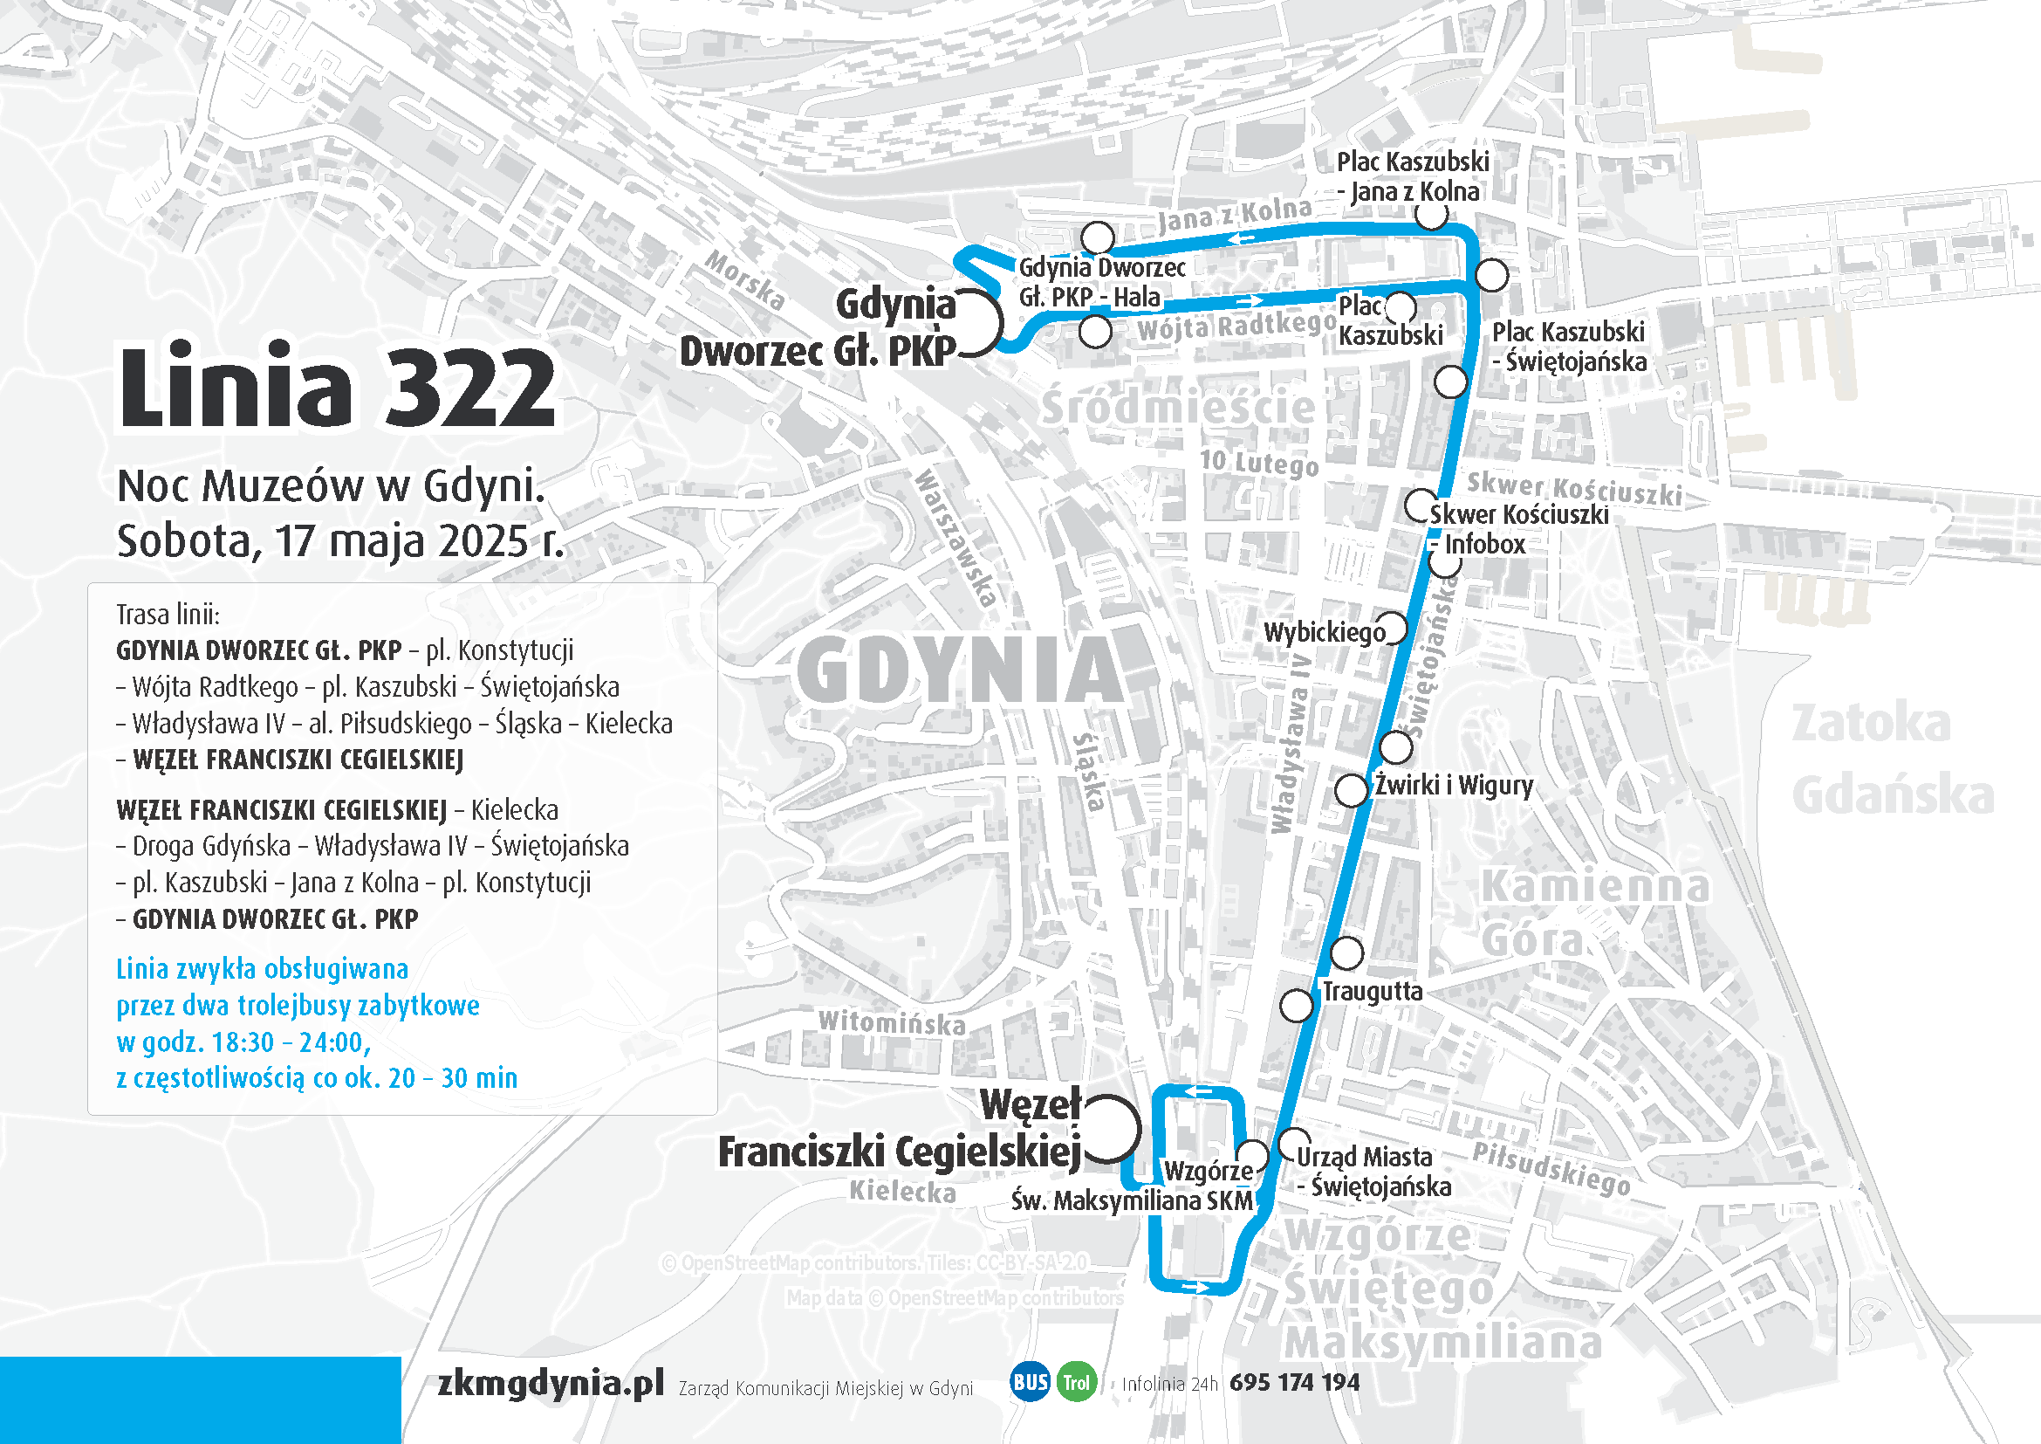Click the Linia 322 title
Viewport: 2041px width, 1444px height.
point(338,388)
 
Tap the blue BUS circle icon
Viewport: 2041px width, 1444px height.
point(1031,1382)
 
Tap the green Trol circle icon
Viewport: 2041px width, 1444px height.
point(1077,1383)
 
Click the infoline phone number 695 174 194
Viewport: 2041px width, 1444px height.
point(1294,1382)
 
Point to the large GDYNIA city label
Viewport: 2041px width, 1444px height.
point(960,670)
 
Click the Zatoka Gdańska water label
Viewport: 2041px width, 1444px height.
point(1892,759)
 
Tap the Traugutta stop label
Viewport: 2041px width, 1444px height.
point(1372,991)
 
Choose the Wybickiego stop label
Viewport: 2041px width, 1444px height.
point(1324,632)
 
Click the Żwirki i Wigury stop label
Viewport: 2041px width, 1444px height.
point(1454,785)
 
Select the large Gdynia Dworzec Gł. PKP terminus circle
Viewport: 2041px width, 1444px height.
point(969,323)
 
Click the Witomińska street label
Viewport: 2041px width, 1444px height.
point(892,1022)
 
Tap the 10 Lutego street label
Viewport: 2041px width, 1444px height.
point(1259,463)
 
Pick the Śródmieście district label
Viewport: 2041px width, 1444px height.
point(1178,407)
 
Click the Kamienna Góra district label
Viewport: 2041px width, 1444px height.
point(1593,912)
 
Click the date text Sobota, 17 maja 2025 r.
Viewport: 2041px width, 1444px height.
point(340,540)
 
